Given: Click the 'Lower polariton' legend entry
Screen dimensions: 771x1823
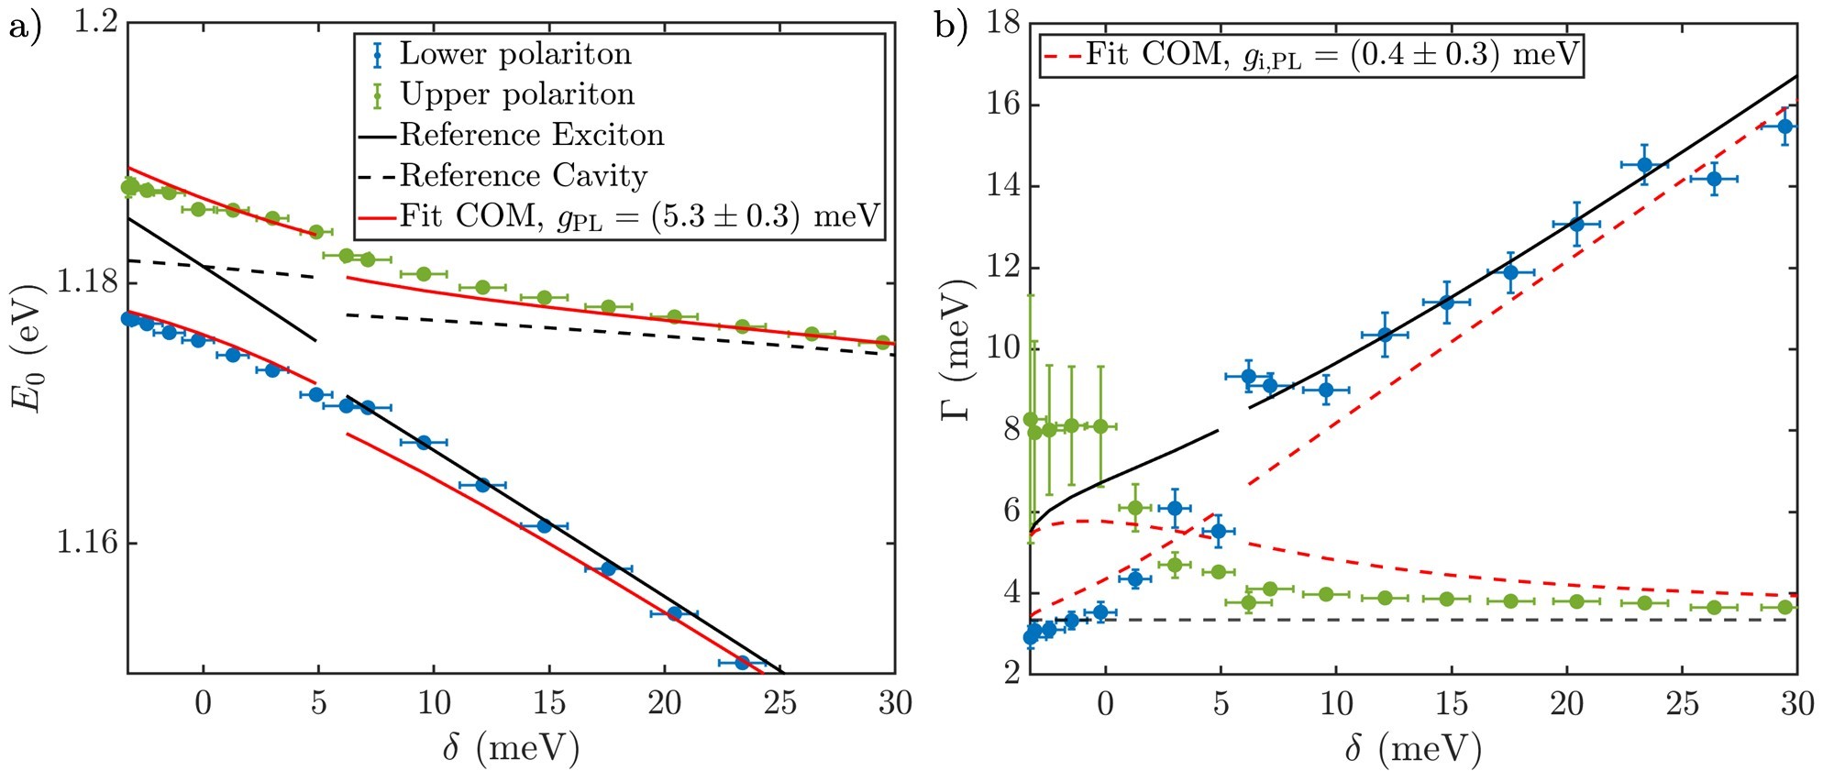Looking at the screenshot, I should click(x=515, y=54).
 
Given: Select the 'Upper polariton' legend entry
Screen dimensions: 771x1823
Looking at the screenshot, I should click(x=517, y=94).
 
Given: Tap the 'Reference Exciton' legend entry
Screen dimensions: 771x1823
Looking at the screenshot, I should click(x=532, y=135).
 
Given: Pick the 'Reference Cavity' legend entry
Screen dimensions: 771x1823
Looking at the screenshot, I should click(x=524, y=175).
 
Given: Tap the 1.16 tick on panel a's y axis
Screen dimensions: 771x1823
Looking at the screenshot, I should click(x=85, y=543).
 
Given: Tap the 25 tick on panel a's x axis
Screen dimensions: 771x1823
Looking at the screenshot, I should click(x=780, y=703).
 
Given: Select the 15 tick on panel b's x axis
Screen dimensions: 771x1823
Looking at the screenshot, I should click(x=1452, y=703).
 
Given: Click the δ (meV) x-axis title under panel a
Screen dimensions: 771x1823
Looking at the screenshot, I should click(x=511, y=748).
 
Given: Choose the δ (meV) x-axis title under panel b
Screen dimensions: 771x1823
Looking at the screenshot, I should click(x=1413, y=748).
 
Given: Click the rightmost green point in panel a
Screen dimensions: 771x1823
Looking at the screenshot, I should click(x=883, y=342).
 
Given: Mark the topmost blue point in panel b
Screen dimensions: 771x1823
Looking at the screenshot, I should click(x=1784, y=127).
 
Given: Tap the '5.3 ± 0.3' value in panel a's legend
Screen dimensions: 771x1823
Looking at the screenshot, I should click(x=716, y=216).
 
